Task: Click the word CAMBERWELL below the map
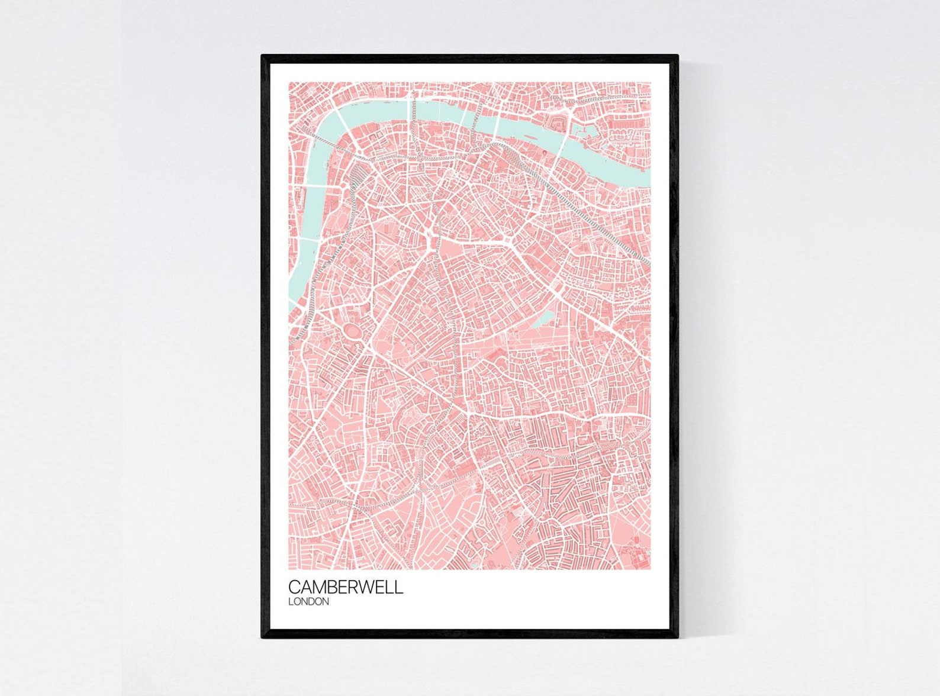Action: pos(346,587)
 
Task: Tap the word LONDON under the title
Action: pos(308,602)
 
